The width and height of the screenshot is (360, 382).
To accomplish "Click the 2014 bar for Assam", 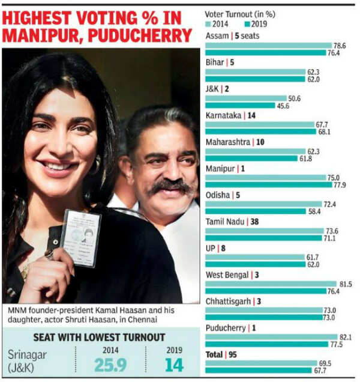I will tap(268, 45).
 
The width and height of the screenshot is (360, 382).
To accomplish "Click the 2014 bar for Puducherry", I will tap(272, 336).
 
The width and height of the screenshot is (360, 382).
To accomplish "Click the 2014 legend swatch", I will tap(208, 25).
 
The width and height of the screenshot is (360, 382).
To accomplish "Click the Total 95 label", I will tap(221, 354).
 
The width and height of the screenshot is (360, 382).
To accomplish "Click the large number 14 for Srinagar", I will tap(173, 364).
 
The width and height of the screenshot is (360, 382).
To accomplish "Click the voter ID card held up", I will tap(82, 237).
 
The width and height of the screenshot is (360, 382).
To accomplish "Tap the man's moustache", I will tap(169, 187).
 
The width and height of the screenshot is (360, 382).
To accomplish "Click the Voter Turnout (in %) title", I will tap(241, 14).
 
